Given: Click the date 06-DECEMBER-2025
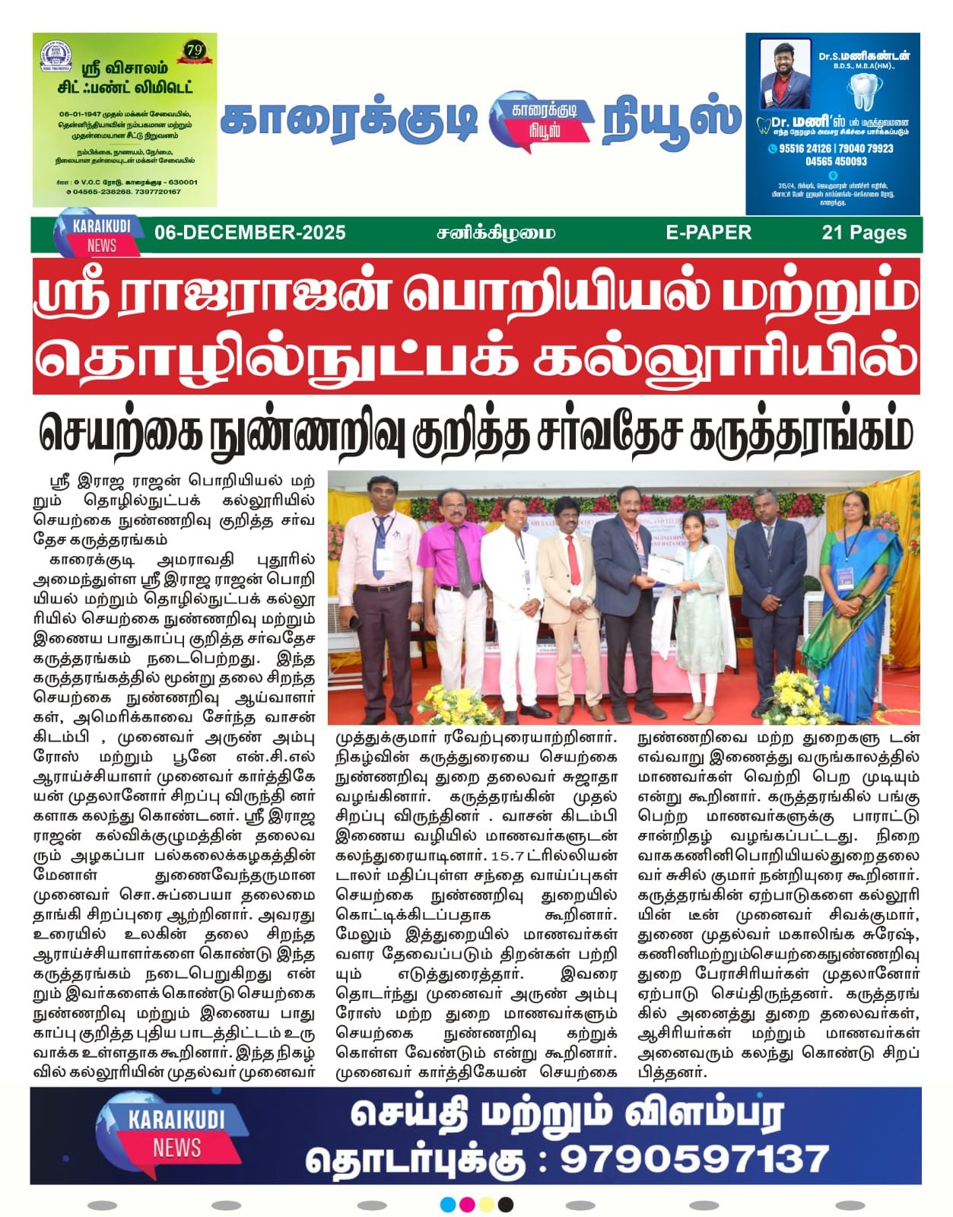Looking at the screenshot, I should (249, 233).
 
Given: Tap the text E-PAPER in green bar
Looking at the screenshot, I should (708, 233).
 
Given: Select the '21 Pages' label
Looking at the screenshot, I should (864, 233).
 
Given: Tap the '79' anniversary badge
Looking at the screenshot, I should (195, 51).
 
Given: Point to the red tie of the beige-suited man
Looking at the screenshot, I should (573, 559).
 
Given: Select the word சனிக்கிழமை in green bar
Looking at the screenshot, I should (496, 233).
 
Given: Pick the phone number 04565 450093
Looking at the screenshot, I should (836, 161).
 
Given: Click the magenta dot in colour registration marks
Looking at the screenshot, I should (468, 1205).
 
